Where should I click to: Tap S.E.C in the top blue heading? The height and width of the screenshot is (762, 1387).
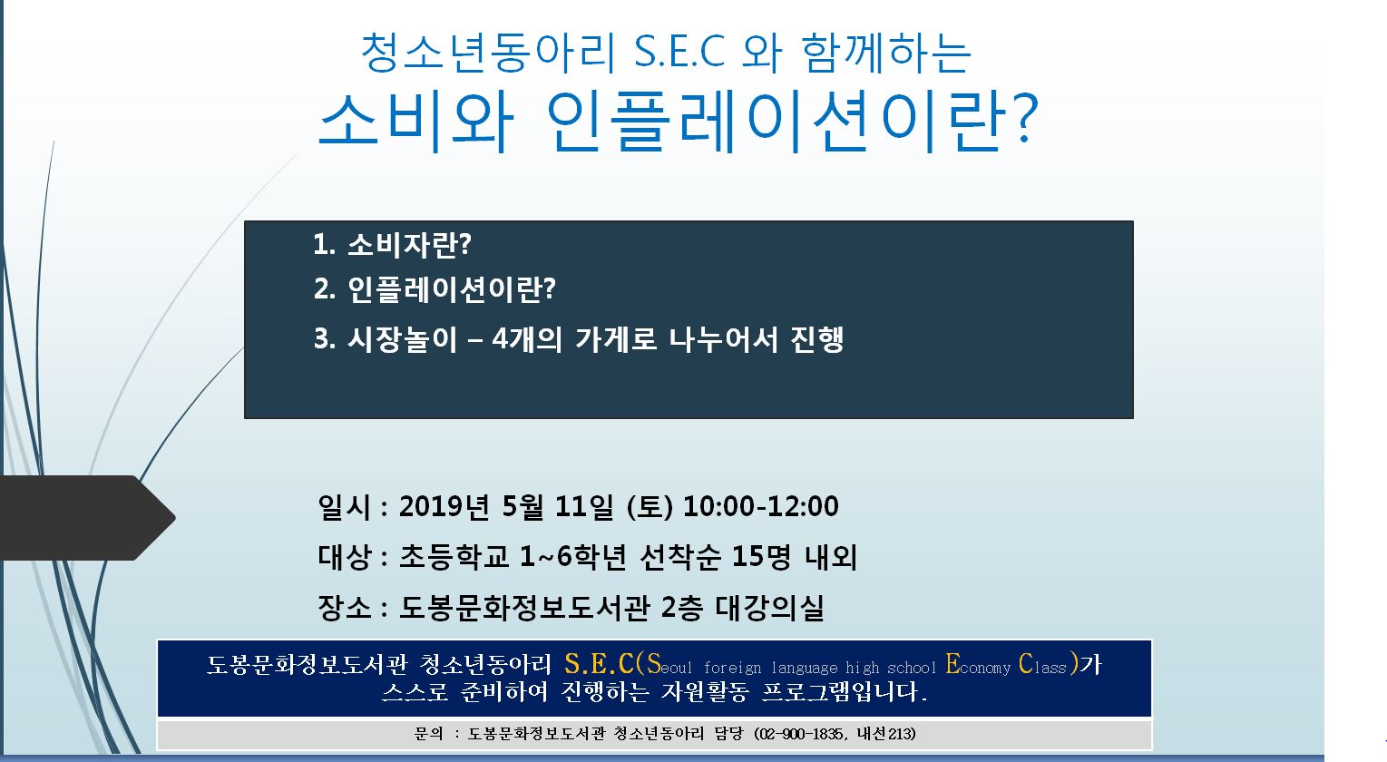(x=679, y=52)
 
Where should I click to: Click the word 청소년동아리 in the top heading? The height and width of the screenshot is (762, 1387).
(x=489, y=53)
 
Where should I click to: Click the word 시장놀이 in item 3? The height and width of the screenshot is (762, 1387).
(x=402, y=339)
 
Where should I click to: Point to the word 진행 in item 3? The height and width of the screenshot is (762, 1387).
(x=816, y=339)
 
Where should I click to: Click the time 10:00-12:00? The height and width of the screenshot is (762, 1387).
(x=760, y=506)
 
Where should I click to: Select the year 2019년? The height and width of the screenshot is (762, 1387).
(x=444, y=506)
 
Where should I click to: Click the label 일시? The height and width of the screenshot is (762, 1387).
(x=345, y=507)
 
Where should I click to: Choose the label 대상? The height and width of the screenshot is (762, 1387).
(x=345, y=557)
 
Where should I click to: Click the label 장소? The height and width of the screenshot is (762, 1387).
(x=345, y=608)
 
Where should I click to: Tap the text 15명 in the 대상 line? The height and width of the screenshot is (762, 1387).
(x=762, y=557)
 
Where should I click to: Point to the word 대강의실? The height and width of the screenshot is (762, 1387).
(x=769, y=608)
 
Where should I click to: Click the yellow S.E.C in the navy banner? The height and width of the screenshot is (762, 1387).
(x=599, y=664)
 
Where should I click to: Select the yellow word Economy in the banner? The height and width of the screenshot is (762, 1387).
(x=978, y=665)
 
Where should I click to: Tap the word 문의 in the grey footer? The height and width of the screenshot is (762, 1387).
(x=428, y=734)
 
